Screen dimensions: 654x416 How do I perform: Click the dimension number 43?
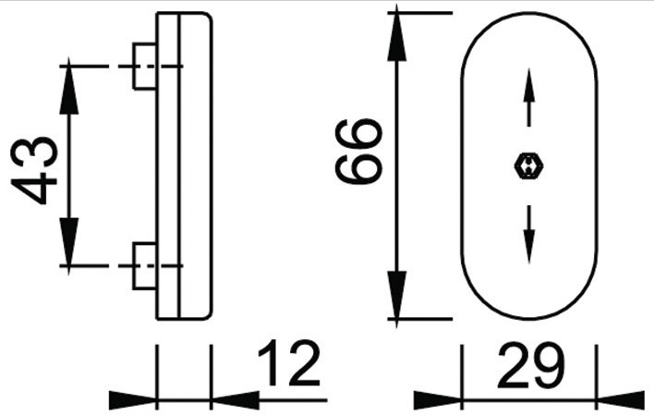[34, 170]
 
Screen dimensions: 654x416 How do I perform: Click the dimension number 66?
[358, 151]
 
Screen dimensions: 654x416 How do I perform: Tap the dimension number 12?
[288, 363]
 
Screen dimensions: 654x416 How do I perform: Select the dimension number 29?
[530, 365]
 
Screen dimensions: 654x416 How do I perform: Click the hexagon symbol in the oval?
[529, 166]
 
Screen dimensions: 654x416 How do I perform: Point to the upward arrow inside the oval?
[529, 97]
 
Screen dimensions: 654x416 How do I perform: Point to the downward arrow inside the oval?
[529, 234]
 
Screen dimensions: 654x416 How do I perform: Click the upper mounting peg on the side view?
[145, 66]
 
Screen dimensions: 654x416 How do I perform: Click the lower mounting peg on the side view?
[145, 266]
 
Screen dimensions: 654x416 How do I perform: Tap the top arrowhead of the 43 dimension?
[69, 86]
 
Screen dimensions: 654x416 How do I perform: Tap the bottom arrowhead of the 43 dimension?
[69, 246]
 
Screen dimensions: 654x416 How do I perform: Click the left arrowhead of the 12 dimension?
[133, 400]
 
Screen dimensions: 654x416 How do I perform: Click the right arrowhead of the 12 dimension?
[236, 400]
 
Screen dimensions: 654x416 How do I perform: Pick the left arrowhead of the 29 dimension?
[438, 400]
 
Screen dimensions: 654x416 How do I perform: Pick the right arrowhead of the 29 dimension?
[621, 400]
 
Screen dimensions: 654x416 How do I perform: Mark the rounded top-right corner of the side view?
[209, 16]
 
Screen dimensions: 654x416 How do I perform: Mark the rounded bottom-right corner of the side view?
[209, 316]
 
